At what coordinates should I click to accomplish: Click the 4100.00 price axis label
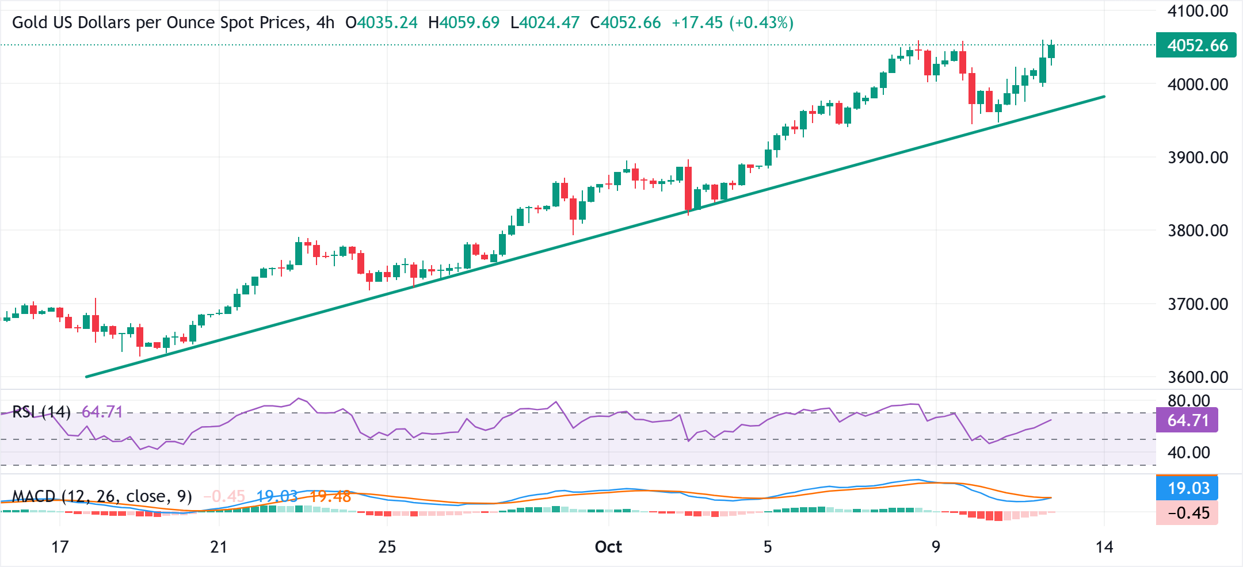[x=1198, y=11]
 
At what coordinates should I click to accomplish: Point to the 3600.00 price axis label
[x=1198, y=377]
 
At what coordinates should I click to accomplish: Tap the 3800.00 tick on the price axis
[x=1198, y=231]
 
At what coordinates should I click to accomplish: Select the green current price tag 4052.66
[x=1196, y=45]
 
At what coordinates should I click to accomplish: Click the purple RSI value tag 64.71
[x=1187, y=420]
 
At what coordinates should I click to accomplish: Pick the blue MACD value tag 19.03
[x=1187, y=488]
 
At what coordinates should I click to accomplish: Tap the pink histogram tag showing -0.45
[x=1187, y=513]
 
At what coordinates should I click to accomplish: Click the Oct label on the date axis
[x=608, y=547]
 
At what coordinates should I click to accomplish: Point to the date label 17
[x=60, y=547]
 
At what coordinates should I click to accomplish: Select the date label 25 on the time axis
[x=387, y=547]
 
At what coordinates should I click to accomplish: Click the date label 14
[x=1104, y=547]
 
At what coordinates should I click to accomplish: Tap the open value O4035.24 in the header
[x=382, y=23]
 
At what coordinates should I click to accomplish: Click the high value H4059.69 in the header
[x=464, y=23]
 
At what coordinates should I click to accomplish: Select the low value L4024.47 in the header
[x=545, y=23]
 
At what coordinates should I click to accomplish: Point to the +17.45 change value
[x=697, y=23]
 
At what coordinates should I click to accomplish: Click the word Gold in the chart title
[x=28, y=23]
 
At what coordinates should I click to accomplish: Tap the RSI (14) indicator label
[x=41, y=412]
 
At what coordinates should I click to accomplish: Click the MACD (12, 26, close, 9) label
[x=102, y=496]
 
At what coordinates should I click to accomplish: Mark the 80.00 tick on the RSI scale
[x=1188, y=400]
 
